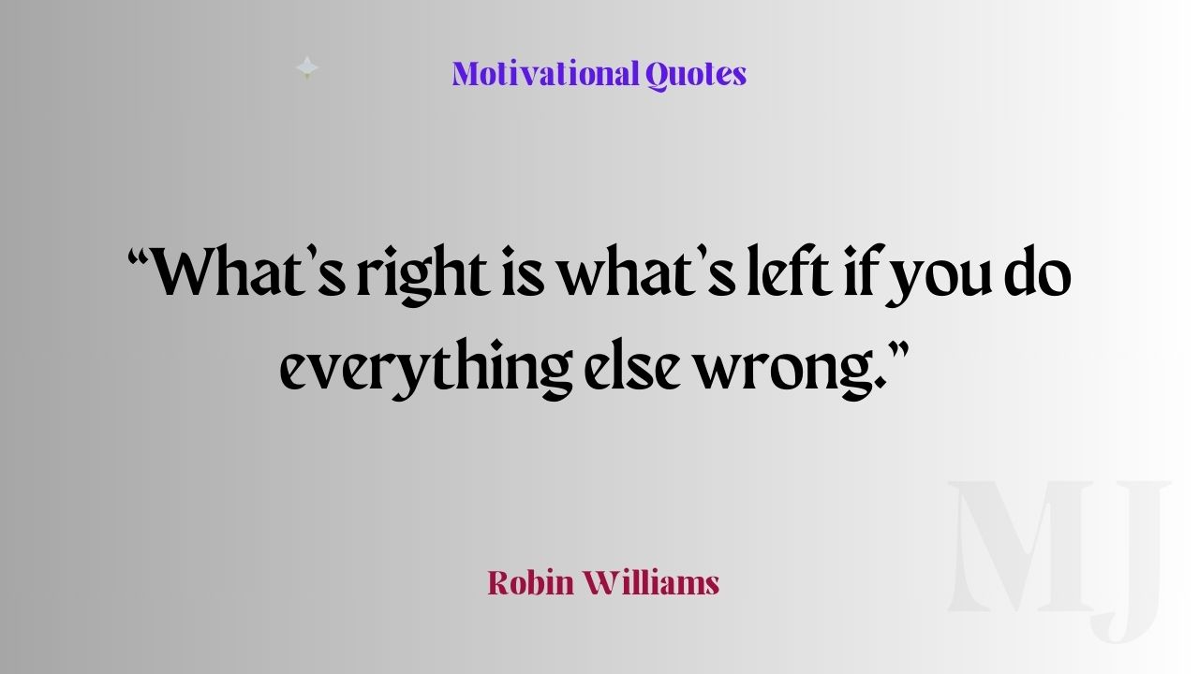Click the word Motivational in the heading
[x=546, y=74]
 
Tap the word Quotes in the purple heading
[x=696, y=75]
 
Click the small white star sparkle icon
[x=307, y=67]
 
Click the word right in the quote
[x=423, y=274]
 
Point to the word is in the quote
[x=523, y=271]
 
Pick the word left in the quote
[x=791, y=271]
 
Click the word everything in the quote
[x=426, y=369]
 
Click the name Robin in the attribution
[x=530, y=582]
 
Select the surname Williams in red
[x=651, y=582]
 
